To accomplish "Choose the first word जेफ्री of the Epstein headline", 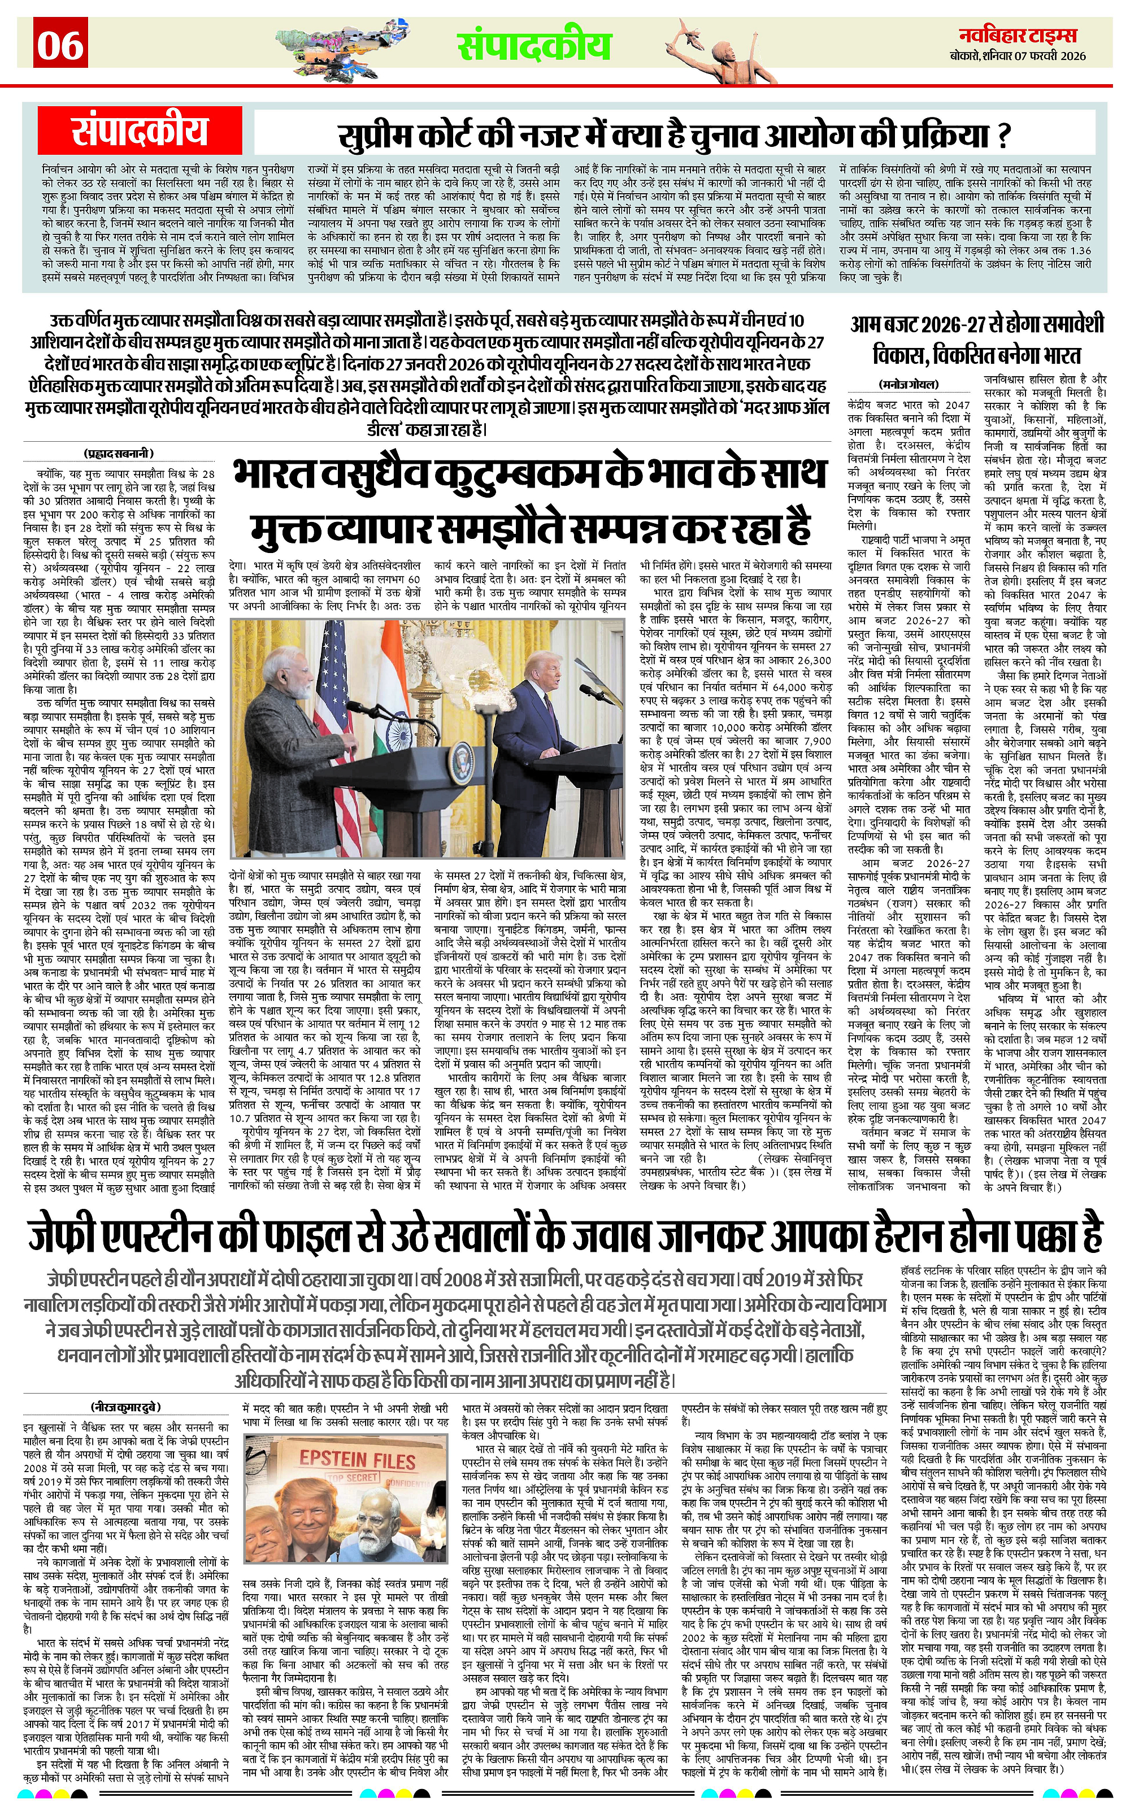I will click(71, 1236).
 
